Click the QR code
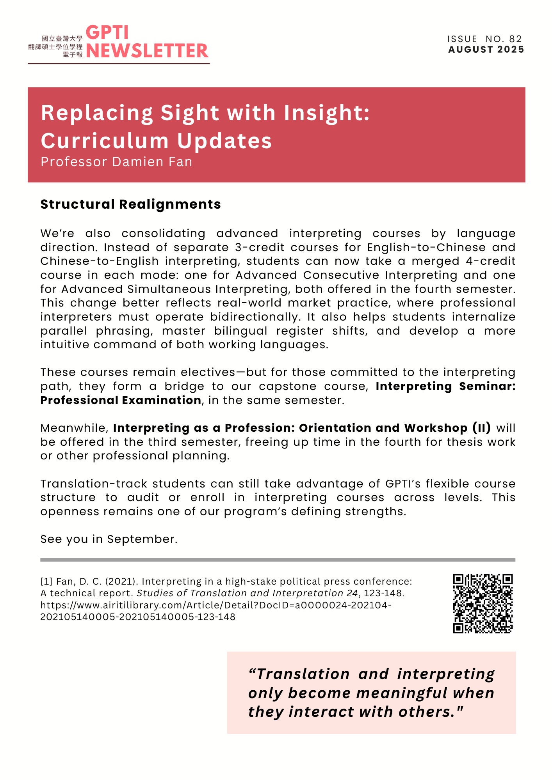(483, 603)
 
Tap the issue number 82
(515, 39)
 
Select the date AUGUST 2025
(486, 50)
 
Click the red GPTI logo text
(107, 33)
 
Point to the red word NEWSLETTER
(147, 51)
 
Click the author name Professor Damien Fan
(116, 162)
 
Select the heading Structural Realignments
(130, 204)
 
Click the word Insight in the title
(326, 113)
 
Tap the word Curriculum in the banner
(104, 141)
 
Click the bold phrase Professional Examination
(121, 401)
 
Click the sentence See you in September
(109, 539)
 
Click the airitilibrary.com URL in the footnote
(216, 605)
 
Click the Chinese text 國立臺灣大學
(62, 39)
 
